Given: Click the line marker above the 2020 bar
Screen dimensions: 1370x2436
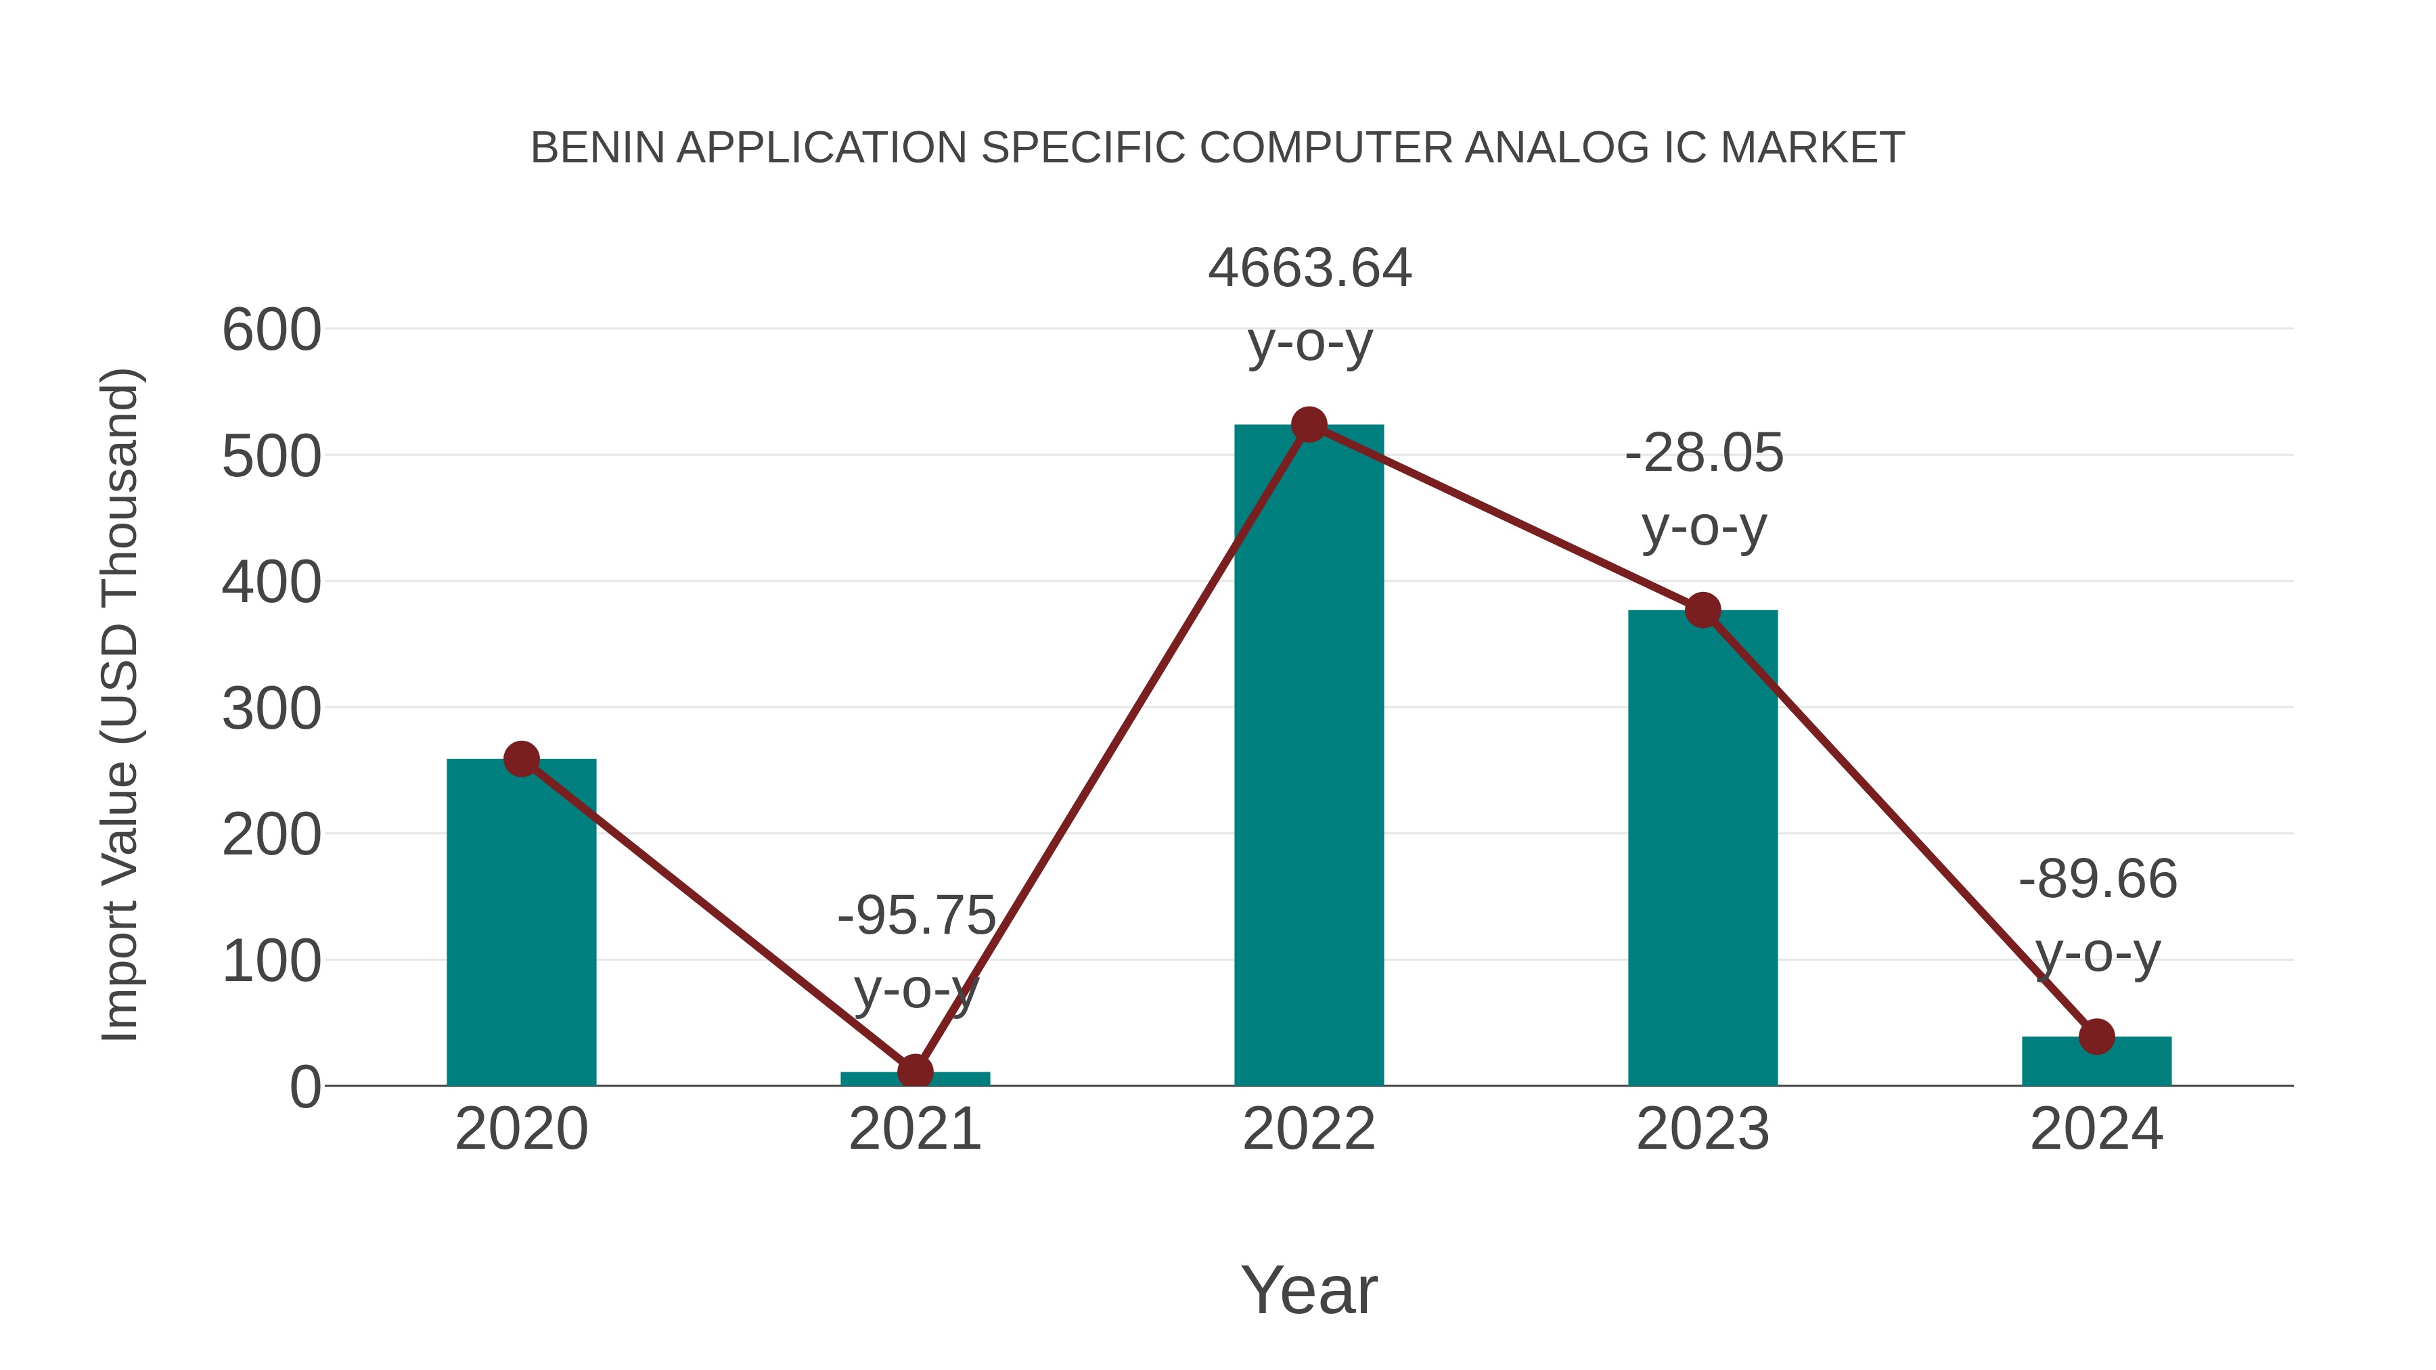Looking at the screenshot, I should [x=521, y=758].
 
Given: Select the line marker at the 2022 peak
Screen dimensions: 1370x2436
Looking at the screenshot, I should [x=1309, y=424].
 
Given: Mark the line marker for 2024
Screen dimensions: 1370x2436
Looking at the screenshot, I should [x=2096, y=1036].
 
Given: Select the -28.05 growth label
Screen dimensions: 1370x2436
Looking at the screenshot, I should [x=1703, y=454].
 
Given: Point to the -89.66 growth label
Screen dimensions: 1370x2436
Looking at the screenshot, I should [x=2098, y=880].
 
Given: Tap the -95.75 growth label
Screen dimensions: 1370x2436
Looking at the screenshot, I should [x=916, y=916].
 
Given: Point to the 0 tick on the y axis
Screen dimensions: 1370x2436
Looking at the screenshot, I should [x=304, y=1087].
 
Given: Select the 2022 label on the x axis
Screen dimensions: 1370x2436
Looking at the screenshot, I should [x=1309, y=1129].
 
